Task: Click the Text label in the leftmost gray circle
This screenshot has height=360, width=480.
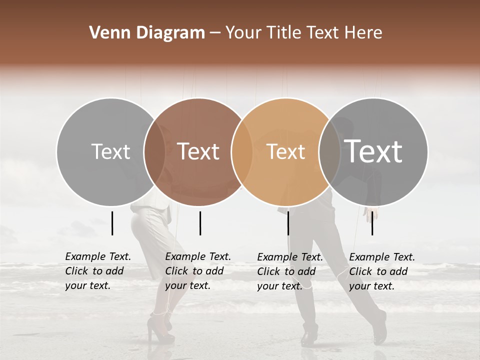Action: click(x=110, y=151)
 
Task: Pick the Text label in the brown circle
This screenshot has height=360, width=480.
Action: click(x=198, y=151)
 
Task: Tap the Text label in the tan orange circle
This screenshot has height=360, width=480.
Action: click(x=285, y=151)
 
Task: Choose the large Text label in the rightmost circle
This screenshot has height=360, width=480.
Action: click(x=373, y=151)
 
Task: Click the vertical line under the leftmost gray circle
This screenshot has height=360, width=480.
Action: click(x=112, y=223)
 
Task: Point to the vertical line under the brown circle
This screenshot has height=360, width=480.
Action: click(x=200, y=223)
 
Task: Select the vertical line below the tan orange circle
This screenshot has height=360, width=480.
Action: click(x=288, y=223)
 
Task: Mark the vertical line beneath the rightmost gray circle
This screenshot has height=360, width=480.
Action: click(x=372, y=223)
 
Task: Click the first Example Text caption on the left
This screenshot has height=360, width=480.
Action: click(x=98, y=271)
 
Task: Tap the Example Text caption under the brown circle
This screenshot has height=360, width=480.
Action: click(x=198, y=271)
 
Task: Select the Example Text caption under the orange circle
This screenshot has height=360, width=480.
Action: click(x=290, y=271)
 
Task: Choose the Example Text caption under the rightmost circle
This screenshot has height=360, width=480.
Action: click(x=382, y=271)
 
